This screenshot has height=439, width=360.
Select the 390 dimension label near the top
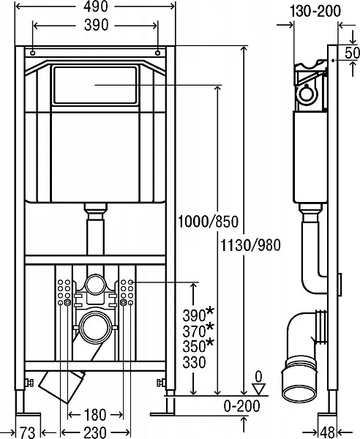tap(96, 25)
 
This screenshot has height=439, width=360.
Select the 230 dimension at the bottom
tap(95, 432)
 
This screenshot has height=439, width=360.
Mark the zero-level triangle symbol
tap(257, 390)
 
